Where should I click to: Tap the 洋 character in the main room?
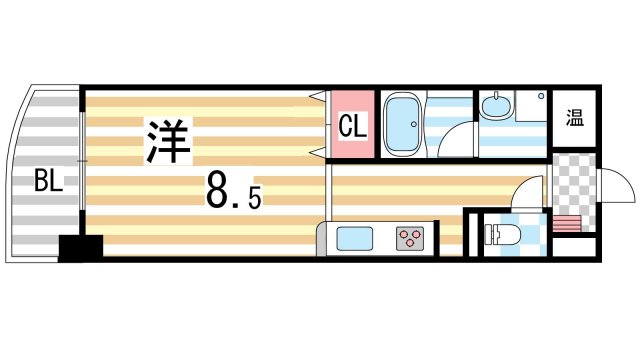[167, 142]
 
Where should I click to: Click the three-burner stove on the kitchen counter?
[410, 239]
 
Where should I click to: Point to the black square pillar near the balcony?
[80, 246]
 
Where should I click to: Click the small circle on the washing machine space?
[541, 97]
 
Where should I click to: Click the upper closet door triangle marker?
[318, 97]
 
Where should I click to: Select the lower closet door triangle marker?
[318, 153]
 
